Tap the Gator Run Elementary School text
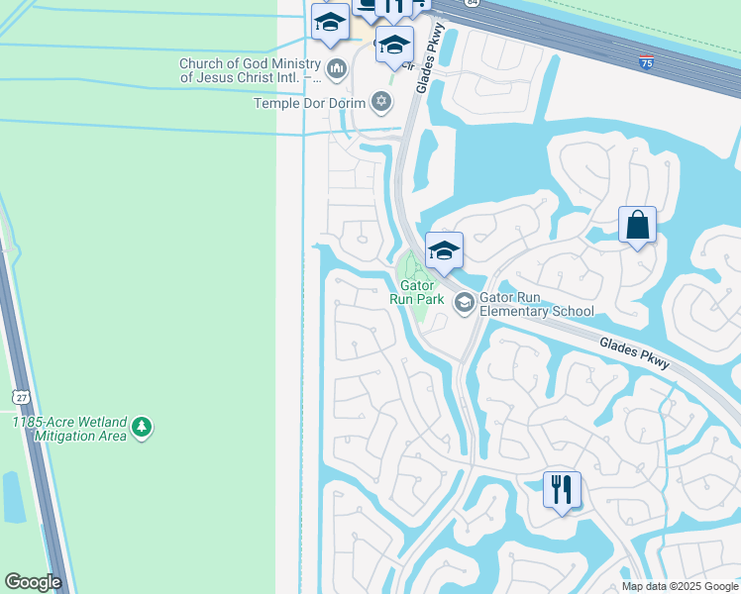point(537,303)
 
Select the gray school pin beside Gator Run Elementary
point(463,303)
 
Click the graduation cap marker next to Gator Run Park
point(444,250)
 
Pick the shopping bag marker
point(638,225)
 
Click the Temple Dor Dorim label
point(310,102)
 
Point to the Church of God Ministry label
point(251,70)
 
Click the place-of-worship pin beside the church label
point(336,69)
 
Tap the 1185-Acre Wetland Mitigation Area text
point(69,429)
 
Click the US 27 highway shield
point(20,396)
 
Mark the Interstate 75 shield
point(647,62)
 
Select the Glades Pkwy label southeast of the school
point(635,353)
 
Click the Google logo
point(33,582)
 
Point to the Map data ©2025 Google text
point(679,586)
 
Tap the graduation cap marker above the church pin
point(330,22)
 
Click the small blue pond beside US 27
point(14,497)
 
